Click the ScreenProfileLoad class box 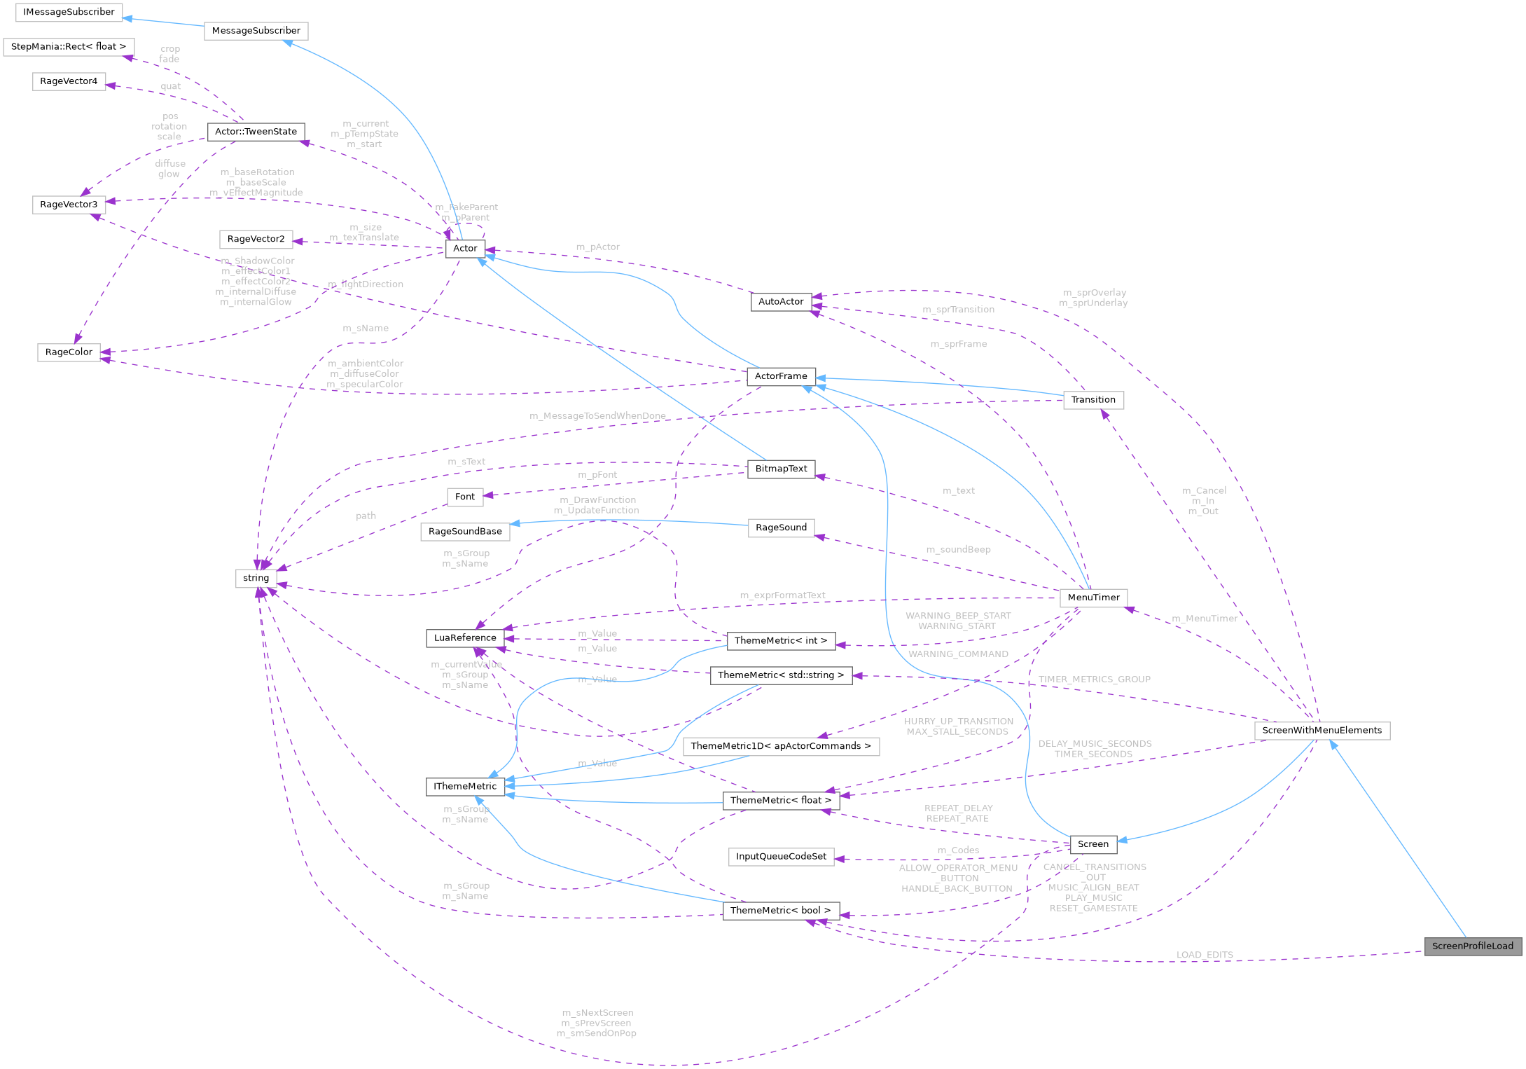tap(1472, 946)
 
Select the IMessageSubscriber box tap(69, 12)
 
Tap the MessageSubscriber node tap(256, 31)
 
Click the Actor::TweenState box tap(256, 132)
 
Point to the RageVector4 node tap(69, 81)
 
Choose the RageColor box tap(69, 352)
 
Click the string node tap(256, 578)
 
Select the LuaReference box tap(465, 637)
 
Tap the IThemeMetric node tap(465, 786)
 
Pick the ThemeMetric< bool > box tap(780, 910)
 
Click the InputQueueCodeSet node tap(781, 856)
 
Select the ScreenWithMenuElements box tap(1322, 730)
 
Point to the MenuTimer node tap(1093, 598)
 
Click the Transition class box tap(1093, 400)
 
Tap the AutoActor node tap(781, 301)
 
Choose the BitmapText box tap(781, 469)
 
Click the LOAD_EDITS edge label tap(1205, 955)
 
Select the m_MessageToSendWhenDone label tap(597, 416)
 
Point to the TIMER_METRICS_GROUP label tap(1094, 679)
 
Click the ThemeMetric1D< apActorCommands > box tap(781, 746)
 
